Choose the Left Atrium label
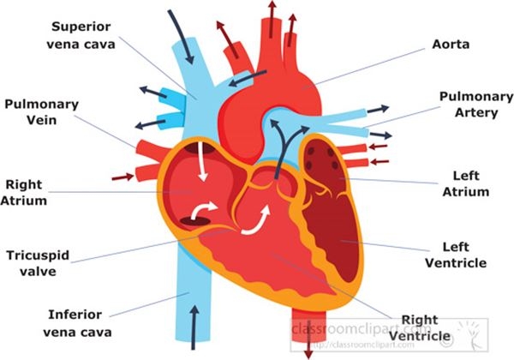470,183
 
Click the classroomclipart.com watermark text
360,329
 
